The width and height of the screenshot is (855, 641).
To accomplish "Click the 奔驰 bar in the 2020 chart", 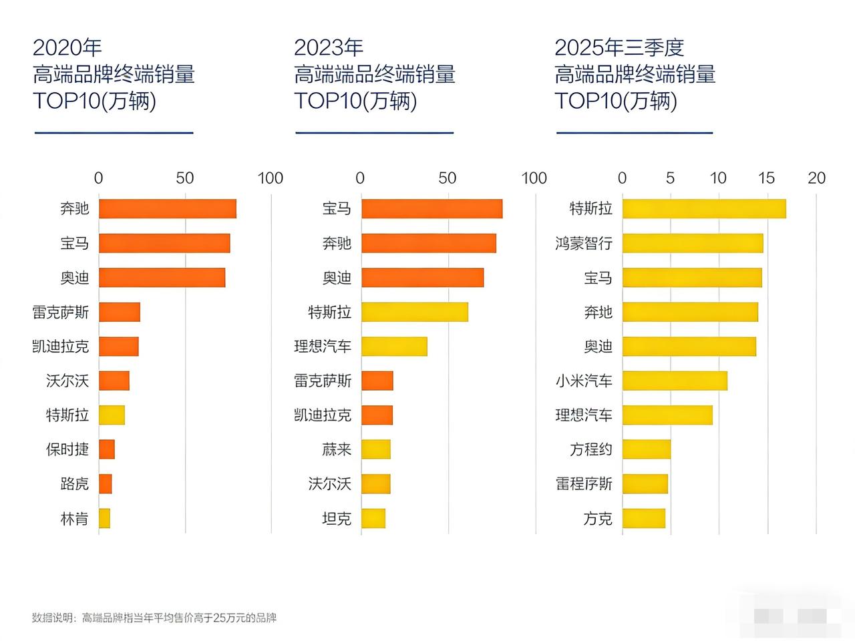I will coord(167,209).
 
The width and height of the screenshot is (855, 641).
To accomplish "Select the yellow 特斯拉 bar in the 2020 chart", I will coord(112,415).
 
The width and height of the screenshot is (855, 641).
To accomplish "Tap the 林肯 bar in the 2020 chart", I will coord(104,518).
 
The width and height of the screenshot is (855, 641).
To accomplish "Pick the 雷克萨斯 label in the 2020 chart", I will coord(61,312).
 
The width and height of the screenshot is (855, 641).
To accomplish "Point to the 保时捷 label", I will coord(67,449).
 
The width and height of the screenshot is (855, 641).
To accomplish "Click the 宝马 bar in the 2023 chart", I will coord(432,209).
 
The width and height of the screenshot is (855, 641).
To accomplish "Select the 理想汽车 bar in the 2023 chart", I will coord(394,347).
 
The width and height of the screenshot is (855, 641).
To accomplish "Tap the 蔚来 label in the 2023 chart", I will coord(337,449).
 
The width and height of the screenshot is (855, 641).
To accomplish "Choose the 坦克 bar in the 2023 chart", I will coord(373,518).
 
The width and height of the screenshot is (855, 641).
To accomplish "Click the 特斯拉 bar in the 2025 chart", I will coord(704,209).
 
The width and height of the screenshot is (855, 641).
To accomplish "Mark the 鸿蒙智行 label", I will coord(584,244).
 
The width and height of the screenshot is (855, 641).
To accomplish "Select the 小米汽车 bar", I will coord(675,381).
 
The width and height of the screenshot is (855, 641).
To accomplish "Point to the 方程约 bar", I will coord(647,449).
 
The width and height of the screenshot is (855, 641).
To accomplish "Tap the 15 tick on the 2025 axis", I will coord(766,178).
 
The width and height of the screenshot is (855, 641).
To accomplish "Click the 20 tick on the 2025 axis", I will coord(816,178).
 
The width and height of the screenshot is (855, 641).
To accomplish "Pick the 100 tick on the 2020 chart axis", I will coord(271,178).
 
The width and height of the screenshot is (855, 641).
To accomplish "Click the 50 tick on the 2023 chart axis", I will coord(448,178).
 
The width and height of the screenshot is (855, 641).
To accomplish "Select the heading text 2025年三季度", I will coord(619,47).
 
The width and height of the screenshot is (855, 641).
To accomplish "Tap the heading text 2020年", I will coord(67,47).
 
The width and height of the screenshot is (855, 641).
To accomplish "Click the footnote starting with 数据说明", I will coord(154,618).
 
